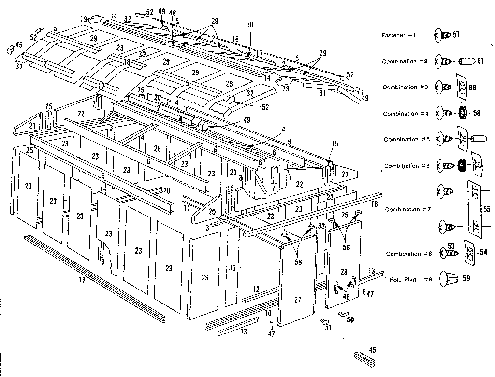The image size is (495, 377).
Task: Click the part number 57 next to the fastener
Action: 456,35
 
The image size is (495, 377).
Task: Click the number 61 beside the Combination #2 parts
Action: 480,61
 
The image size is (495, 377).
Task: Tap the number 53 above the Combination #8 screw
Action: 451,246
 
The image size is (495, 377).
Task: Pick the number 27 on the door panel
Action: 298,300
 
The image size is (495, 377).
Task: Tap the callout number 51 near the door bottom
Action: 329,327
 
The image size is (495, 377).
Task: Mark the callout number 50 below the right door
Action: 350,320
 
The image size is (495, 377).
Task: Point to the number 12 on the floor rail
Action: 256,289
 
